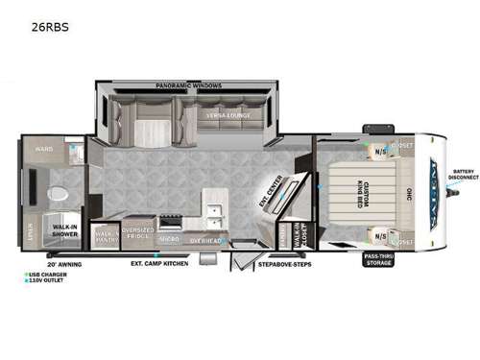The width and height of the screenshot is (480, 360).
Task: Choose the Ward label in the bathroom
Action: coord(43,150)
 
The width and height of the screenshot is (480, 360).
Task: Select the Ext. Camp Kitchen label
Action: coord(158,261)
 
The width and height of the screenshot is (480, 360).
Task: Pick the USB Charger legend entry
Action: coord(48,274)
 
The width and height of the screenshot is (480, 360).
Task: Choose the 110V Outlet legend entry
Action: coord(47,280)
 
